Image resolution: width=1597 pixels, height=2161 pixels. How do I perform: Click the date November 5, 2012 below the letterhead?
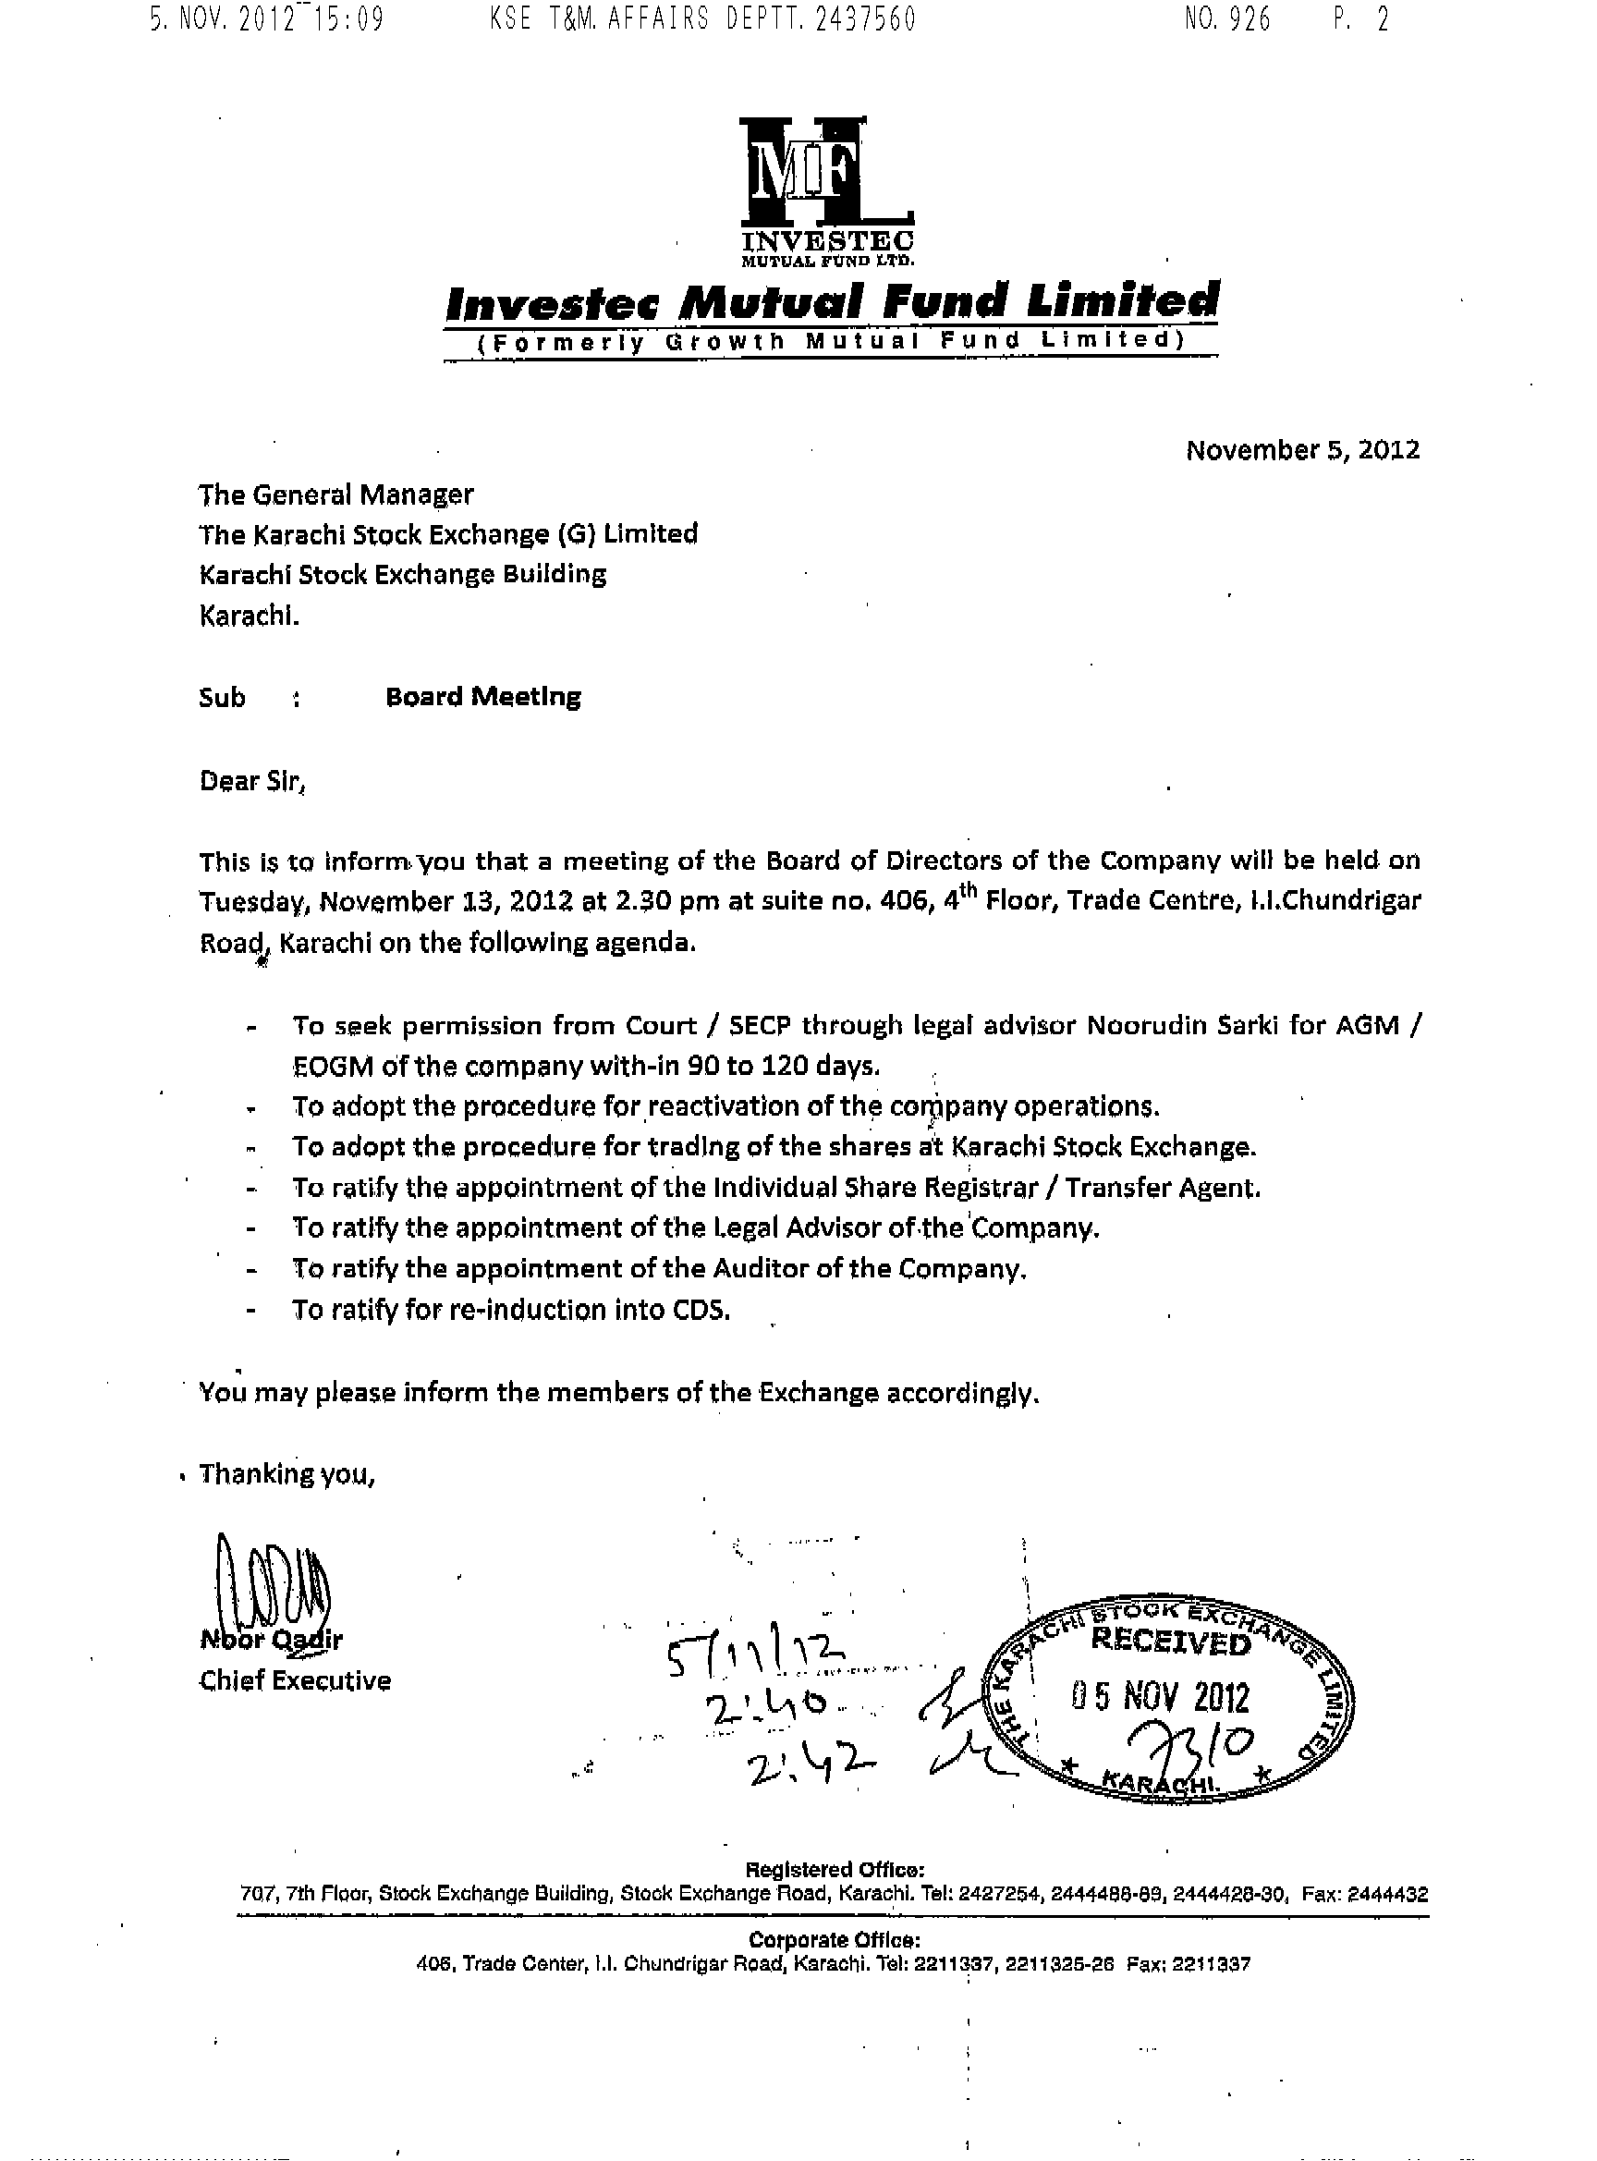click(x=1302, y=449)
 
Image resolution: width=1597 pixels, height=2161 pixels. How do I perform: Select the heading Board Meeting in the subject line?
click(x=482, y=697)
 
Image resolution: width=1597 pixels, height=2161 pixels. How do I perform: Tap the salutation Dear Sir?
click(x=251, y=780)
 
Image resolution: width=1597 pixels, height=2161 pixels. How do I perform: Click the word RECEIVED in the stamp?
click(x=1170, y=1640)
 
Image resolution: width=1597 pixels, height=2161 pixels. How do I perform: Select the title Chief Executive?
click(x=295, y=1680)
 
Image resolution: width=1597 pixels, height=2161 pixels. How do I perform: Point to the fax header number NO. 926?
click(x=1226, y=19)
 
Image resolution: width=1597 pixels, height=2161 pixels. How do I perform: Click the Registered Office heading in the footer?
click(x=835, y=1869)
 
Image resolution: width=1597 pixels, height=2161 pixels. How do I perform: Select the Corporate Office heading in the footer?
click(x=835, y=1939)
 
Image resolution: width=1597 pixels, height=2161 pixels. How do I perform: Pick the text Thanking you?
click(x=286, y=1473)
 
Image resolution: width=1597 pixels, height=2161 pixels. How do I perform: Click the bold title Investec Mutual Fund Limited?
click(x=832, y=302)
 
